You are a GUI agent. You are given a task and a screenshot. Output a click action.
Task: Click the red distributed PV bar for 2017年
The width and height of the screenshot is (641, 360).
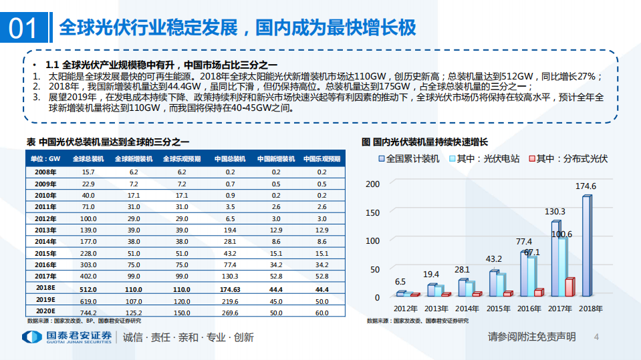pos(569,287)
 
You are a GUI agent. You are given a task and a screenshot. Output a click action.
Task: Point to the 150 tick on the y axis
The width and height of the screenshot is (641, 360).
pos(373,212)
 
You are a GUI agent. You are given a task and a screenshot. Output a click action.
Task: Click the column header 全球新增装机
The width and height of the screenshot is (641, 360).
pos(133,159)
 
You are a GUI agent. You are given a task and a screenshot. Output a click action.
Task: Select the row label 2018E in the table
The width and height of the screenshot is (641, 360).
pos(45,289)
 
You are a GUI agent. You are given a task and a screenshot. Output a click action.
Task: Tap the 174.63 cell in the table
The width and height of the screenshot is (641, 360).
pos(229,289)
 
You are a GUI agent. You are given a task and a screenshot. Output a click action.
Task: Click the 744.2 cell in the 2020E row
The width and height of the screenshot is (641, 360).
pos(88,312)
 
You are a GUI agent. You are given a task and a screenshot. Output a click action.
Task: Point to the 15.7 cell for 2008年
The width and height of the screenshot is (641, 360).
pos(88,172)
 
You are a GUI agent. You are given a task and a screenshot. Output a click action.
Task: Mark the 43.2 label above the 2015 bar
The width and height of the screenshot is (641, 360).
pos(493,258)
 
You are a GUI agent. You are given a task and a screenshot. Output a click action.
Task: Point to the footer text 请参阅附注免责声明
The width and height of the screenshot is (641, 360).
pos(531,337)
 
